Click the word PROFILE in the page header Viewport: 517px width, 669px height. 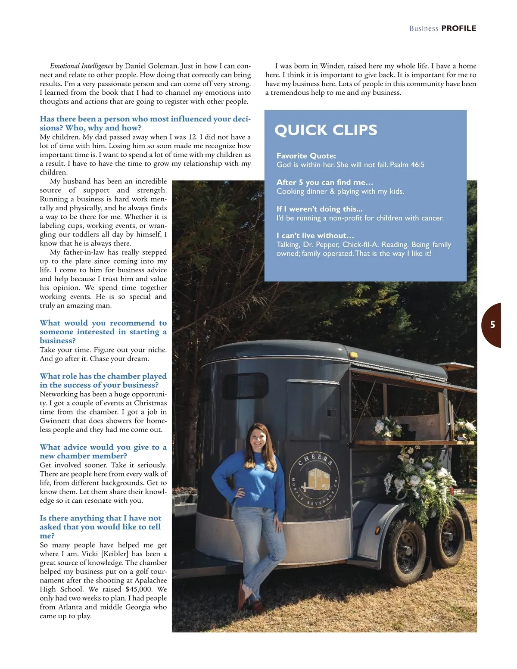[x=459, y=28]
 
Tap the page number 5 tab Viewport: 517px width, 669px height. [x=492, y=325]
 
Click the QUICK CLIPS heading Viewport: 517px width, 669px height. [x=326, y=130]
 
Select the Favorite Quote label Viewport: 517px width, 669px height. [x=306, y=156]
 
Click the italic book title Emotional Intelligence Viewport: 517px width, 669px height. [x=81, y=66]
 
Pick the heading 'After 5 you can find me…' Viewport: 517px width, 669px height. [x=325, y=182]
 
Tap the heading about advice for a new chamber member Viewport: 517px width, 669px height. [x=103, y=451]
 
